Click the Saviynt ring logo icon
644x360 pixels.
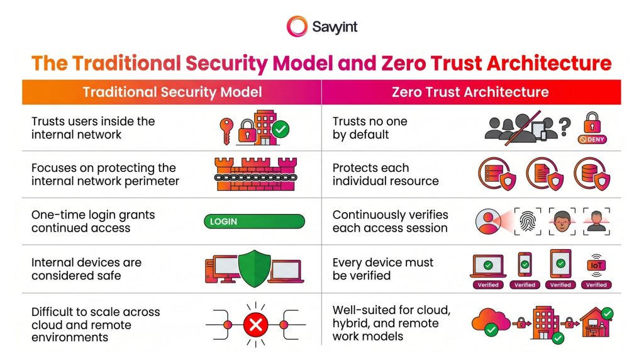pos(297,26)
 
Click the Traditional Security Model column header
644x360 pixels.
pos(172,92)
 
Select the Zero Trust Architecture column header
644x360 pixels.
pos(470,92)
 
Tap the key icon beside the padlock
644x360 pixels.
pos(226,131)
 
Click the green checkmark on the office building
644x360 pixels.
pos(281,130)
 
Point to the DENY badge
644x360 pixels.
pos(592,139)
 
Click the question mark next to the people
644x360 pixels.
pos(565,127)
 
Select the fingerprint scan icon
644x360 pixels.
pos(528,221)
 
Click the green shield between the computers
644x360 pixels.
pos(255,268)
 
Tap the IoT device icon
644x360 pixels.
pos(596,266)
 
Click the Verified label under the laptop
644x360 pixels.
pos(488,285)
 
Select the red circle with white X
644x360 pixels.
pos(256,325)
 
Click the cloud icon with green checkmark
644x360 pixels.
pos(491,322)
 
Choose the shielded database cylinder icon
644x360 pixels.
pos(592,174)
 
